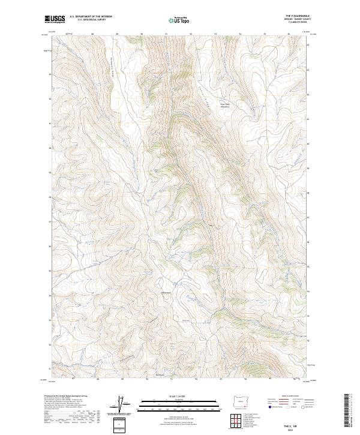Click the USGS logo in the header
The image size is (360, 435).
pyautogui.click(x=55, y=20)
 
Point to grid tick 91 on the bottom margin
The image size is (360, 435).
pyautogui.click(x=172, y=379)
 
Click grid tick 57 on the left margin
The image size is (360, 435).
pyautogui.click(x=49, y=221)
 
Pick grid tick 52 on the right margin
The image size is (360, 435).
pyautogui.click(x=308, y=340)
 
